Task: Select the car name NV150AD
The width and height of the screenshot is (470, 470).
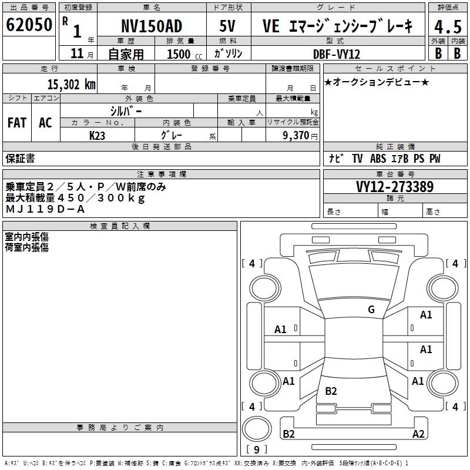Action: tap(152, 26)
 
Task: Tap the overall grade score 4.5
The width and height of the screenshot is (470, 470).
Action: tap(447, 26)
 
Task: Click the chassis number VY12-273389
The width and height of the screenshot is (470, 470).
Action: tap(395, 187)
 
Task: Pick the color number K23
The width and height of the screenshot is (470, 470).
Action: tap(98, 135)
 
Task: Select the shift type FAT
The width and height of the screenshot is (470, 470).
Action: tap(17, 123)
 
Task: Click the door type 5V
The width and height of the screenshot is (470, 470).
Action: tap(227, 26)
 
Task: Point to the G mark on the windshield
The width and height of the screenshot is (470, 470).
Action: tap(371, 310)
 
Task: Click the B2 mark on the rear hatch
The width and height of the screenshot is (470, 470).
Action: tap(331, 391)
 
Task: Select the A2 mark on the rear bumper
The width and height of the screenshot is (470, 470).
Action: tap(418, 434)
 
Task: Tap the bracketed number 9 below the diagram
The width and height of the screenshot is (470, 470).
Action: tap(257, 450)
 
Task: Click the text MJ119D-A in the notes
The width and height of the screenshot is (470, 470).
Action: tap(45, 209)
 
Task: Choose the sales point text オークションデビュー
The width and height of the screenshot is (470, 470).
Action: tap(377, 82)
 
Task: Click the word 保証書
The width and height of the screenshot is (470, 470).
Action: tap(21, 158)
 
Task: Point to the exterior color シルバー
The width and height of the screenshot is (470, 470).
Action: tap(126, 110)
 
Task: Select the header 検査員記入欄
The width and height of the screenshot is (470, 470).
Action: tap(120, 226)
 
